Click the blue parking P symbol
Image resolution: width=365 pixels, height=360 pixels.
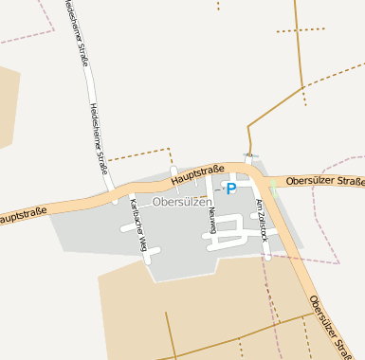[230, 189]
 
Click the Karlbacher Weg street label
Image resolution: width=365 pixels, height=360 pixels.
[139, 225]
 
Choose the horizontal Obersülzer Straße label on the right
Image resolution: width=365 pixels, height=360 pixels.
[324, 180]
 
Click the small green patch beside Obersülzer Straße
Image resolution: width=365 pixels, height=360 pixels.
[273, 183]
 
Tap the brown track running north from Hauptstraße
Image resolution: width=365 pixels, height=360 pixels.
[248, 137]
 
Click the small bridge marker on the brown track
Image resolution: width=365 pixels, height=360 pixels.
[250, 155]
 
